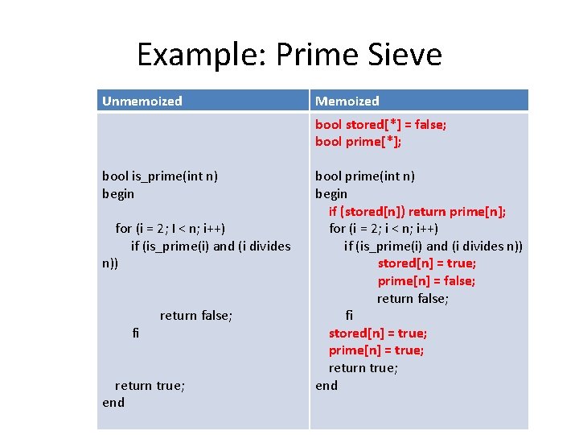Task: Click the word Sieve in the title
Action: coord(404,55)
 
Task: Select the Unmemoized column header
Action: coord(142,101)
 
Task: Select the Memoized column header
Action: coord(347,101)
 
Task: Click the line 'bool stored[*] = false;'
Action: coord(381,124)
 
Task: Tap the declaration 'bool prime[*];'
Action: coord(359,142)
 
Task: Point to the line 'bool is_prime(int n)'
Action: coord(160,176)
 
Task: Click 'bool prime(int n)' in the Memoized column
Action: coord(365,176)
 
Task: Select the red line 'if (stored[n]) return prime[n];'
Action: coord(417,211)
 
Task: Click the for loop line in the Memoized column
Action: coord(384,228)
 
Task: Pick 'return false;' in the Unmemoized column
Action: coord(196,315)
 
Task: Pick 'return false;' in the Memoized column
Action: coord(413,298)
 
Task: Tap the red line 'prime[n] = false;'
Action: coord(426,280)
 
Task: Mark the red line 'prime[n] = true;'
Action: coord(376,350)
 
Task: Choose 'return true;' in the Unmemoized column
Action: coord(150,385)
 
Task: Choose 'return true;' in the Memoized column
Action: coord(363,367)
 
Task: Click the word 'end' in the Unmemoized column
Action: coord(113,402)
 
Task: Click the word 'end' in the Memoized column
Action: coord(326,385)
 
